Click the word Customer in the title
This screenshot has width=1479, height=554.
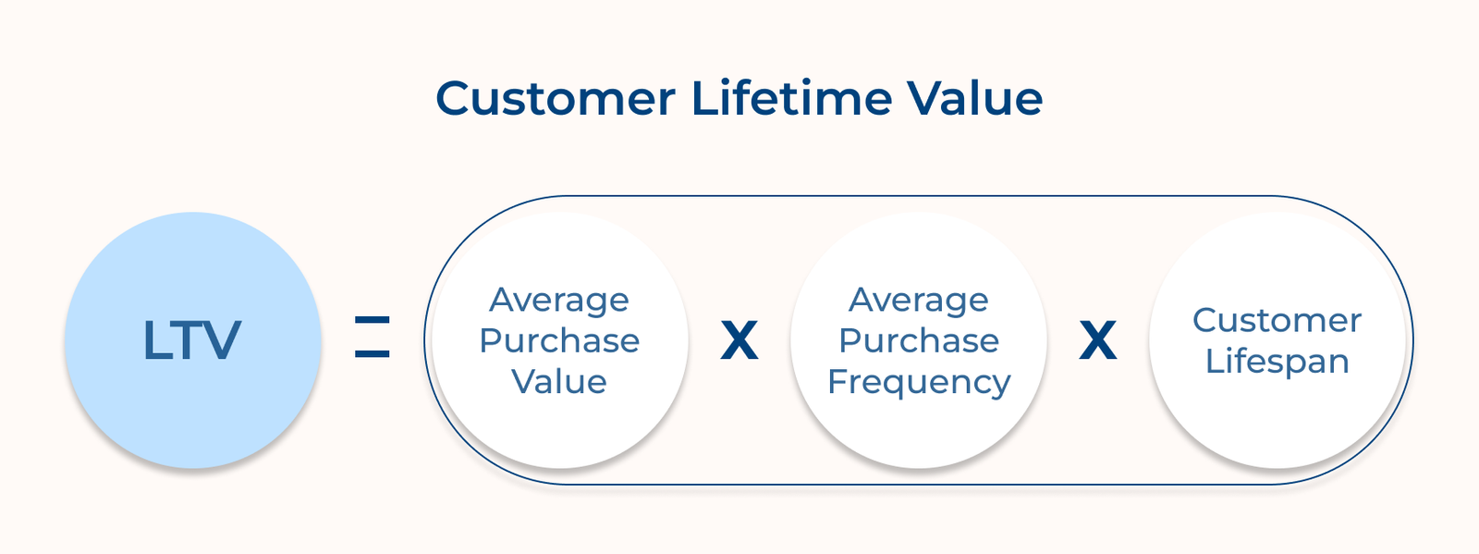pyautogui.click(x=556, y=98)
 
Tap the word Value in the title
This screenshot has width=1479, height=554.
pyautogui.click(x=974, y=98)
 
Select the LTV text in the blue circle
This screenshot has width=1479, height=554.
pyautogui.click(x=192, y=340)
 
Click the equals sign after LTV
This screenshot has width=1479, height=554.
pyautogui.click(x=373, y=337)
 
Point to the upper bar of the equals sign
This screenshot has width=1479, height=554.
pyautogui.click(x=373, y=320)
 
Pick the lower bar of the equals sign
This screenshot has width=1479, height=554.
pyautogui.click(x=373, y=353)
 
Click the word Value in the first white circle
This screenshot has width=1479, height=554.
pyautogui.click(x=559, y=381)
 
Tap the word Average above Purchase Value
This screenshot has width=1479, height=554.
pyautogui.click(x=559, y=300)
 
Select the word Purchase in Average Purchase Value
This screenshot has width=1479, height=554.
pyautogui.click(x=559, y=340)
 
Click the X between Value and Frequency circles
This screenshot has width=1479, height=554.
pyautogui.click(x=739, y=341)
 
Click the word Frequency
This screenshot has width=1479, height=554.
pyautogui.click(x=919, y=382)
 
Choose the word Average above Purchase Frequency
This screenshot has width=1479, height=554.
pyautogui.click(x=919, y=300)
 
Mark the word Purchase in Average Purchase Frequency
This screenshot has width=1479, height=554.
pyautogui.click(x=919, y=340)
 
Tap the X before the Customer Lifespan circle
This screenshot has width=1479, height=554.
pyautogui.click(x=1098, y=341)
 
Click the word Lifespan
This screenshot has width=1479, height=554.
pyautogui.click(x=1277, y=361)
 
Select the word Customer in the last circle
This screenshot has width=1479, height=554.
pyautogui.click(x=1277, y=320)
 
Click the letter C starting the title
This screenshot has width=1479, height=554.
pyautogui.click(x=454, y=98)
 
